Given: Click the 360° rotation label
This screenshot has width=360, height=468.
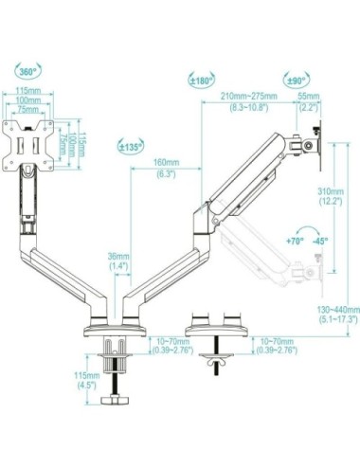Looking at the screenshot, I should (28, 70).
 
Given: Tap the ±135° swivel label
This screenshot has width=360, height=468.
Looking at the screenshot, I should (132, 147).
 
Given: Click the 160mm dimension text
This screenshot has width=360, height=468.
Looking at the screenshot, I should (166, 162).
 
